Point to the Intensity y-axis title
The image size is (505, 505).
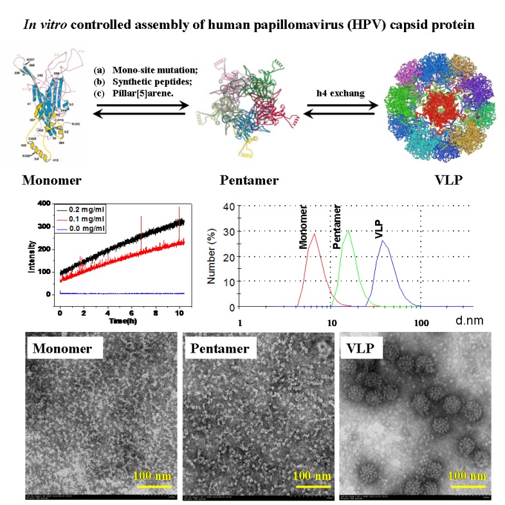(x=32, y=257)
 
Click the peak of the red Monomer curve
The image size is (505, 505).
(x=314, y=234)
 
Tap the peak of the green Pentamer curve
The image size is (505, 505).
(x=348, y=230)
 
